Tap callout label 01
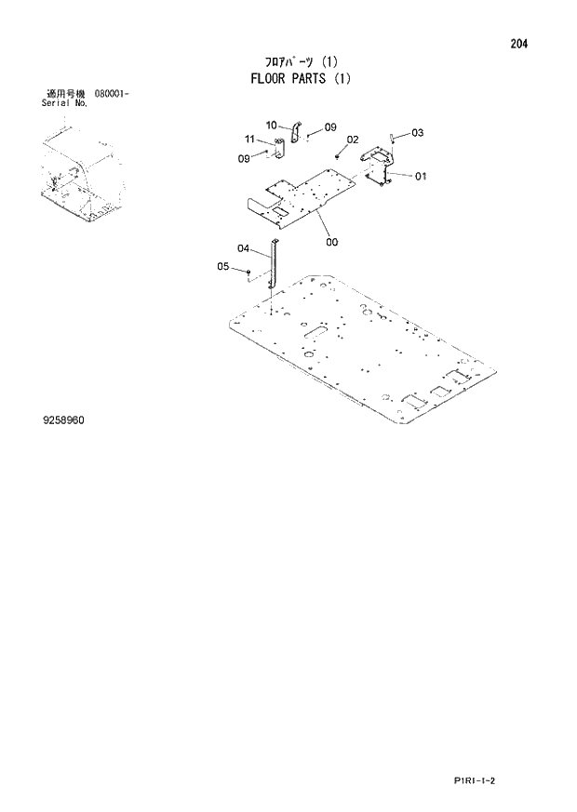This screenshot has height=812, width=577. click(x=421, y=176)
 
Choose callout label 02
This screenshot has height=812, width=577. click(x=352, y=140)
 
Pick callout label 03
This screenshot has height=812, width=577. click(x=417, y=133)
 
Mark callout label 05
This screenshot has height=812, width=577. click(x=223, y=267)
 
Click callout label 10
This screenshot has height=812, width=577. click(x=271, y=125)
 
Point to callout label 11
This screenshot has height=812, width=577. click(x=249, y=140)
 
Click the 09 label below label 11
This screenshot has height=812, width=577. click(x=244, y=158)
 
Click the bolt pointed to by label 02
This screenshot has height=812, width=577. click(x=337, y=155)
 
